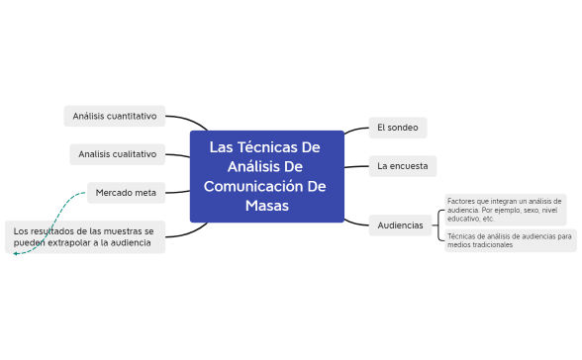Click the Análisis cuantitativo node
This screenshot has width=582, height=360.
[115, 116]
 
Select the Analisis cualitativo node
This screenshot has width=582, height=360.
[118, 154]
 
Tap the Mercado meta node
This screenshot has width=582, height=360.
[127, 192]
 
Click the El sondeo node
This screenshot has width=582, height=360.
[397, 128]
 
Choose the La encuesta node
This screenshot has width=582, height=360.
[402, 166]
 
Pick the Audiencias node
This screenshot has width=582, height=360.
[400, 225]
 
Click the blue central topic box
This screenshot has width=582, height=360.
[266, 176]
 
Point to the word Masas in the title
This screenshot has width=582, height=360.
[267, 207]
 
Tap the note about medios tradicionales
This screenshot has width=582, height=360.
[509, 239]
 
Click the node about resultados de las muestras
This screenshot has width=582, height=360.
[85, 236]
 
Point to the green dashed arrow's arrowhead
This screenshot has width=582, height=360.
[16, 253]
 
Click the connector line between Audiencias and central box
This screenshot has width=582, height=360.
[355, 221]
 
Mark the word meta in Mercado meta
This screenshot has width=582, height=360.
[147, 192]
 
